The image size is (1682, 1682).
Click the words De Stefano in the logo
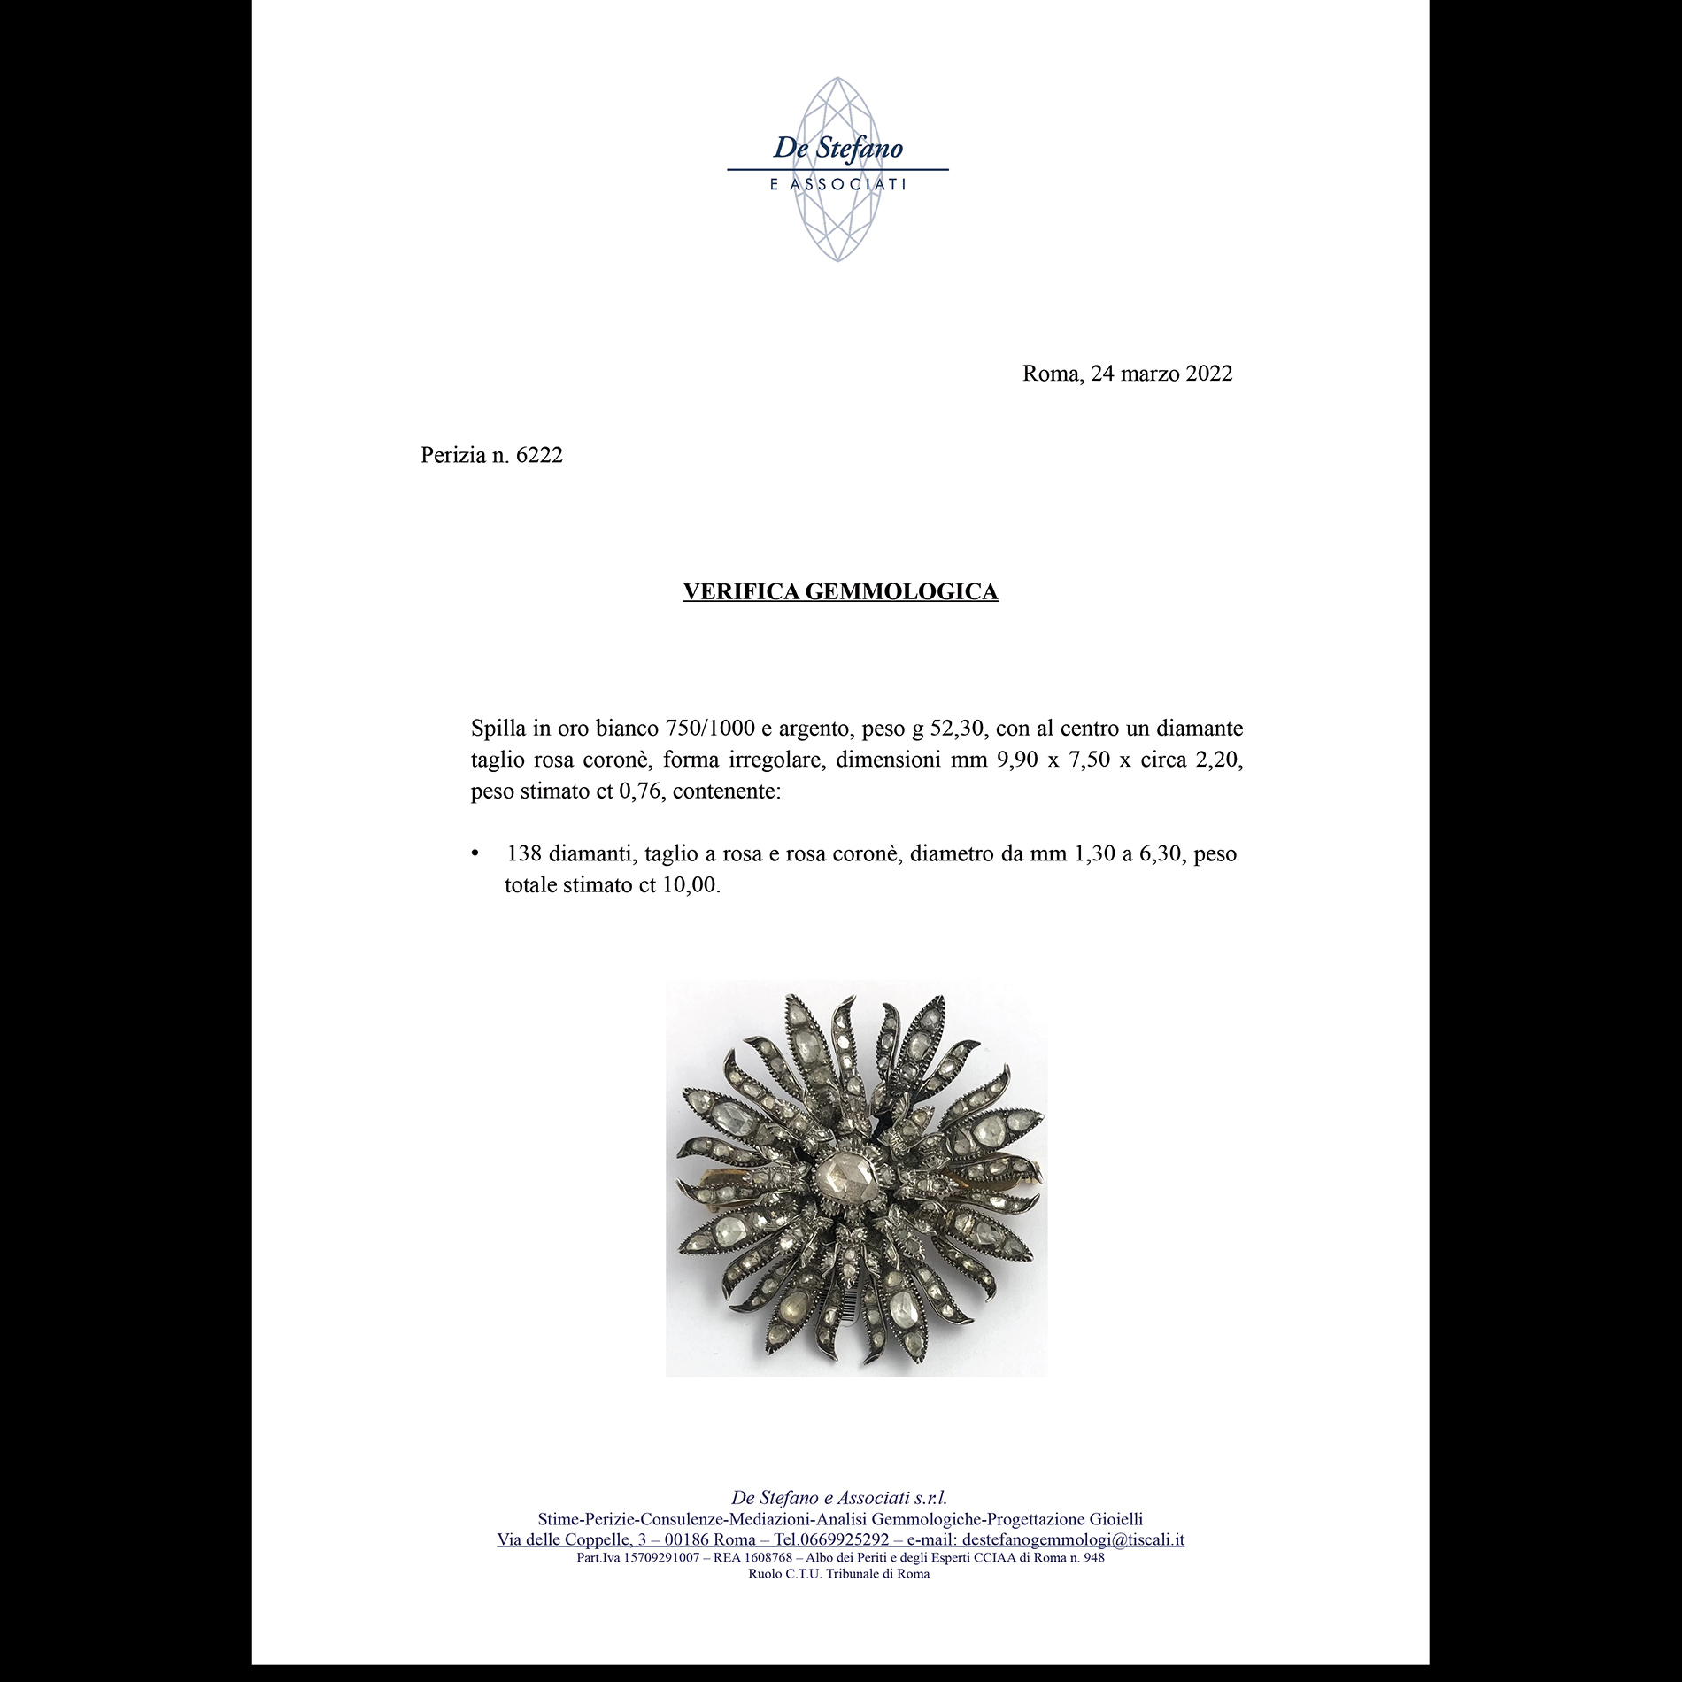(837, 147)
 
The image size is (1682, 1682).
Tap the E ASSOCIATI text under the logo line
(837, 185)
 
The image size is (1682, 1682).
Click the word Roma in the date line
(1050, 374)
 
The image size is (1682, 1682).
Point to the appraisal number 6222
(538, 456)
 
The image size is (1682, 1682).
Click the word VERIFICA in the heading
(741, 592)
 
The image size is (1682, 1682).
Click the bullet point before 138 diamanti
(476, 854)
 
